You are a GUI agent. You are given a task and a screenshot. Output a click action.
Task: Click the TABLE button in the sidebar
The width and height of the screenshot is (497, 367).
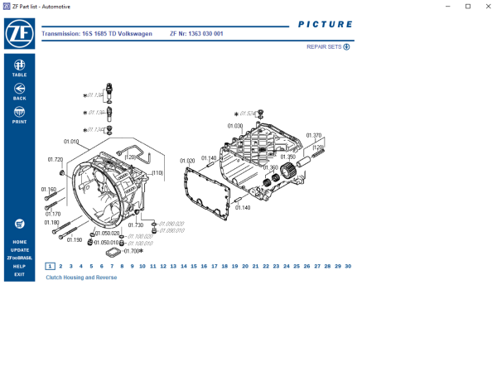[x=19, y=67]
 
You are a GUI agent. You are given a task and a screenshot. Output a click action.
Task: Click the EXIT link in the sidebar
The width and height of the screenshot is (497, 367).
[x=19, y=274]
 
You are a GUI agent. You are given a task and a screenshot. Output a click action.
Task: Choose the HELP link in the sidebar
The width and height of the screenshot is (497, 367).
[x=19, y=266]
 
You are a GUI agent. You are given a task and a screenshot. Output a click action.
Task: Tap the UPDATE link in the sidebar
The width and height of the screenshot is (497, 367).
[x=19, y=249]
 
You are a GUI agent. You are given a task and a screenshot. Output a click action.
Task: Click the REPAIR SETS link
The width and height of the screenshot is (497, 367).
[x=328, y=47]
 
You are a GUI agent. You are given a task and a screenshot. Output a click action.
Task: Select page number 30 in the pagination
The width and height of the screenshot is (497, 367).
[x=348, y=266]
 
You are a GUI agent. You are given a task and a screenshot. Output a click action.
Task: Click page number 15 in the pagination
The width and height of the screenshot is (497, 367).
[x=194, y=266]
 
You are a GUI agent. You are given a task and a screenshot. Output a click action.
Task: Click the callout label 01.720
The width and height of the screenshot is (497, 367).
[x=55, y=159]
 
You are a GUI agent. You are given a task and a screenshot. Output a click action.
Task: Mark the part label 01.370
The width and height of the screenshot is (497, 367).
[x=313, y=135]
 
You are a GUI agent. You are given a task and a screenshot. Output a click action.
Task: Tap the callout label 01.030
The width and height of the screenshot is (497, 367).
[x=235, y=126]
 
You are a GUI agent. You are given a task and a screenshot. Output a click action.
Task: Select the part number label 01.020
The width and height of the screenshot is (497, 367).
[x=186, y=161]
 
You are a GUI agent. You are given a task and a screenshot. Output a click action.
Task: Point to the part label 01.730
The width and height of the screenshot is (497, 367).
[x=135, y=225]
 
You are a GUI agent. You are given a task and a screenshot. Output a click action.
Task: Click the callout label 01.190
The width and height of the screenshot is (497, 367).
[x=75, y=239]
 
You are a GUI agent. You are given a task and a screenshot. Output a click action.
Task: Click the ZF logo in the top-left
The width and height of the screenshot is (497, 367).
[x=19, y=35]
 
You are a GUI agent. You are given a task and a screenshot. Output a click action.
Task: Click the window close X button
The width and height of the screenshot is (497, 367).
[x=487, y=6]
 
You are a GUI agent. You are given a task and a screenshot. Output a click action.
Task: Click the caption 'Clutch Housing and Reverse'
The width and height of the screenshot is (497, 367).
[x=81, y=278]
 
